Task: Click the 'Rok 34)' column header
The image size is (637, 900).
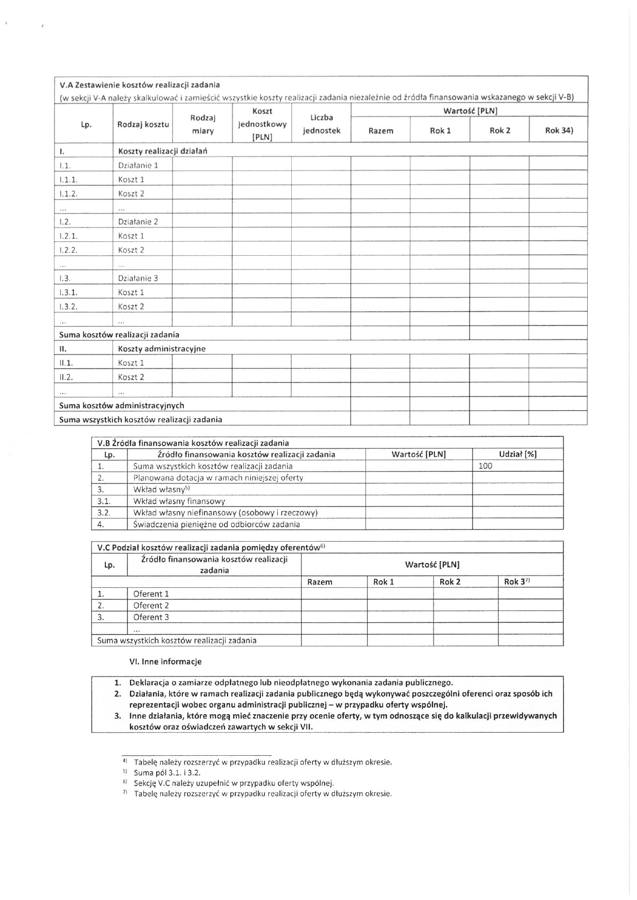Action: (x=558, y=130)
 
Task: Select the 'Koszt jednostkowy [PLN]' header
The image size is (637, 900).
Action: (x=262, y=124)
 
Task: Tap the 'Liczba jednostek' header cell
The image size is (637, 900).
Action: (x=322, y=124)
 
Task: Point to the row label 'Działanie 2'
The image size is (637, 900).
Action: (x=138, y=222)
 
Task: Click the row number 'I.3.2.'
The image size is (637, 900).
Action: (x=68, y=307)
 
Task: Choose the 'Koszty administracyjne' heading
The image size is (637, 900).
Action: (x=161, y=349)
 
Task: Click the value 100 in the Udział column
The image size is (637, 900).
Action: (x=485, y=466)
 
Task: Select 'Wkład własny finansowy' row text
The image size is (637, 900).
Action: (x=179, y=501)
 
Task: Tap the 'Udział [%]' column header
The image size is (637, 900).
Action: (x=517, y=454)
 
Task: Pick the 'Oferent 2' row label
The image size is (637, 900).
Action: (x=151, y=605)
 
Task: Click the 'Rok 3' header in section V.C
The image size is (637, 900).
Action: (x=516, y=582)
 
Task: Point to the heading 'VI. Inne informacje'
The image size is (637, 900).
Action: (x=165, y=661)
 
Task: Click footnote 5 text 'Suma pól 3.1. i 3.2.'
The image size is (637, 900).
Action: (x=167, y=773)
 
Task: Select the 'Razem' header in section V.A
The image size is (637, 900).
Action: (x=381, y=130)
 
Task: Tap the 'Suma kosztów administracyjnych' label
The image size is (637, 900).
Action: (x=122, y=405)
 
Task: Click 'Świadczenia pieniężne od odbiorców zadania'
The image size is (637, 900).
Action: (x=216, y=524)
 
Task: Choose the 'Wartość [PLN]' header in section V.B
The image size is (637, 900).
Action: (x=418, y=454)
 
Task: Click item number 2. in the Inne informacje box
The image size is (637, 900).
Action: (x=118, y=694)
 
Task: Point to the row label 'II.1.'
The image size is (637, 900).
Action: (x=66, y=363)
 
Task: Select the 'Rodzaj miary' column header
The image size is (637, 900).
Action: (x=202, y=124)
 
